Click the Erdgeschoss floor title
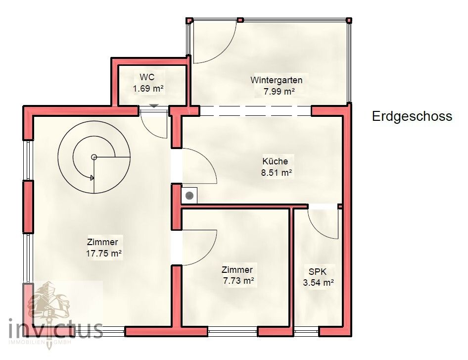point(412,116)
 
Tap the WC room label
point(147,77)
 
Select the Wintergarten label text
point(276,80)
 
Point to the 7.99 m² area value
point(276,92)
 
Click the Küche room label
point(275,161)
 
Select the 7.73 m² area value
point(237,281)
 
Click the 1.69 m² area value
point(148,89)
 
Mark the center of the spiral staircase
point(94,157)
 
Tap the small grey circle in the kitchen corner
point(189,196)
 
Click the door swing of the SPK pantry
point(324,223)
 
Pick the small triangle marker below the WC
point(154,105)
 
